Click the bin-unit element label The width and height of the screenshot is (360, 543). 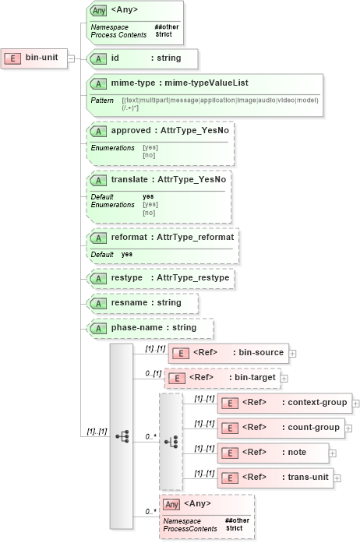(41, 57)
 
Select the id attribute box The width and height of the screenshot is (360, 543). (131, 58)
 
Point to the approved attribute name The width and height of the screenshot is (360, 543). (129, 131)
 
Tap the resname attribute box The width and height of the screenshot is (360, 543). (142, 302)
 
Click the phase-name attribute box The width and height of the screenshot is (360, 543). (142, 328)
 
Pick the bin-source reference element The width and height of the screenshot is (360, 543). (228, 353)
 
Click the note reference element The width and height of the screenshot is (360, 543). (272, 452)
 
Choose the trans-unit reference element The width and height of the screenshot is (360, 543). (278, 477)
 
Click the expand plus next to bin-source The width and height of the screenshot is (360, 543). (292, 353)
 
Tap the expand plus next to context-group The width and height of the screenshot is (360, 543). (355, 404)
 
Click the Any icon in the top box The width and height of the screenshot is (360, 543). (99, 11)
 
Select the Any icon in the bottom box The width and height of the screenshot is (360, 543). (171, 504)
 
